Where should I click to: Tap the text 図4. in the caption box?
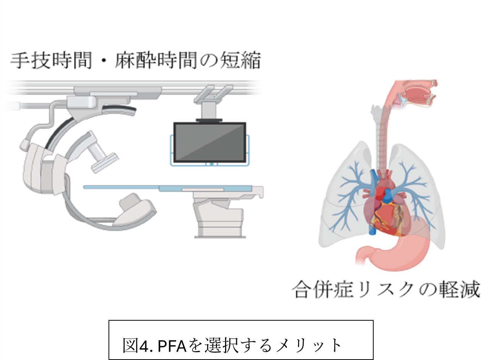pyautogui.click(x=137, y=345)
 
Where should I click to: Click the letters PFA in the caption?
pyautogui.click(x=172, y=345)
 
